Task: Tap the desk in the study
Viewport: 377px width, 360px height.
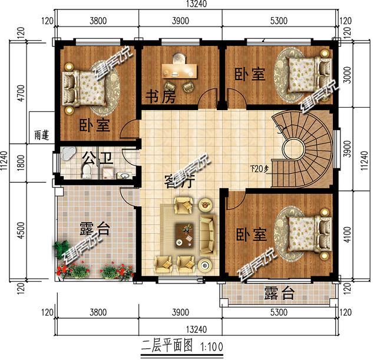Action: point(180,70)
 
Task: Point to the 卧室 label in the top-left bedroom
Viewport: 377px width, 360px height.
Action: point(94,125)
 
